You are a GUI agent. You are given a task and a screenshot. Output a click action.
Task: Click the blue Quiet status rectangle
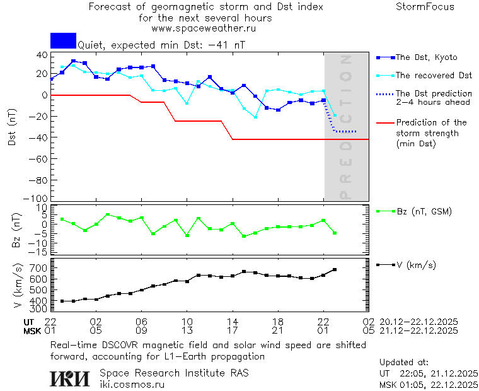pyautogui.click(x=63, y=40)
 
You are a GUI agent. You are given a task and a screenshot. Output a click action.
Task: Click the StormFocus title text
pyautogui.click(x=425, y=7)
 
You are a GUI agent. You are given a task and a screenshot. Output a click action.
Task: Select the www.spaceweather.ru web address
pyautogui.click(x=204, y=28)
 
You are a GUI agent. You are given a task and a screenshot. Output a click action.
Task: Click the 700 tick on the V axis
pyautogui.click(x=39, y=269)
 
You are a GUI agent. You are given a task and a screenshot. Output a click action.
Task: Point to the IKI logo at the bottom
pyautogui.click(x=71, y=378)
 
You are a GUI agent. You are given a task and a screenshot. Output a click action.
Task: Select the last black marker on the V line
pyautogui.click(x=335, y=270)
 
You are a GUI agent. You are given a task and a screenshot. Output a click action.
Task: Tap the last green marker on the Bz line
pyautogui.click(x=335, y=233)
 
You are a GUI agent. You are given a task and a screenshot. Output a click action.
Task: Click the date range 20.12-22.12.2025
pyautogui.click(x=418, y=322)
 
